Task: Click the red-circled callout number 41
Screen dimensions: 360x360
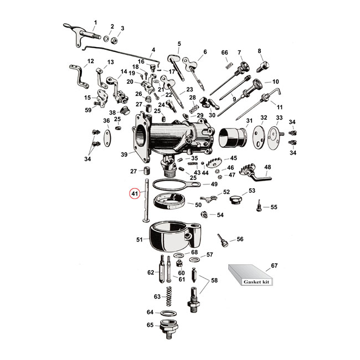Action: click(135, 194)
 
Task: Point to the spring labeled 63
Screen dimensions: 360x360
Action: click(169, 296)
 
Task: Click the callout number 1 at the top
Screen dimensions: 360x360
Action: click(95, 22)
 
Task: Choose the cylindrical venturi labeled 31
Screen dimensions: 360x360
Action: click(233, 138)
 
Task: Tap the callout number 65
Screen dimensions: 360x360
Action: click(150, 325)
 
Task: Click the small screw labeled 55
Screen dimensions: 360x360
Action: click(258, 208)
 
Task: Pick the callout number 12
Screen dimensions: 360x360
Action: click(91, 61)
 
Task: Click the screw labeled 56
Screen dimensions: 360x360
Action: click(223, 241)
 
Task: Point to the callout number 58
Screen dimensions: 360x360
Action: click(214, 281)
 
